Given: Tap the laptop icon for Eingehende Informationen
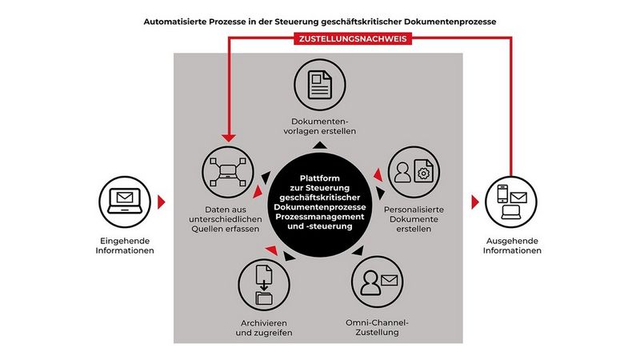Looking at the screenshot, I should tap(124, 200).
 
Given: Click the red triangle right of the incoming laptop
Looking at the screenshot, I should tap(163, 200).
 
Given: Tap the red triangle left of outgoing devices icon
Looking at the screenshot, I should tap(474, 200).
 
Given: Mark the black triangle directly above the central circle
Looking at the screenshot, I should tap(319, 146).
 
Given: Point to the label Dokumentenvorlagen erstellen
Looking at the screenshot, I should tap(323, 126).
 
